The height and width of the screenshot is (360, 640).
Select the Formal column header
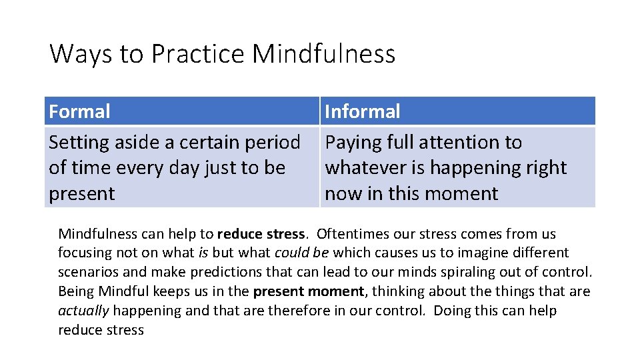pyautogui.click(x=79, y=111)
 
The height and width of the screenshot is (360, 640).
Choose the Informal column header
pyautogui.click(x=362, y=111)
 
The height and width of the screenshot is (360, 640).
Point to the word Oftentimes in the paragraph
pyautogui.click(x=351, y=234)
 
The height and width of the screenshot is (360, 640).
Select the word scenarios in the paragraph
pyautogui.click(x=87, y=273)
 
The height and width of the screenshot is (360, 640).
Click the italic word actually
pyautogui.click(x=83, y=311)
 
